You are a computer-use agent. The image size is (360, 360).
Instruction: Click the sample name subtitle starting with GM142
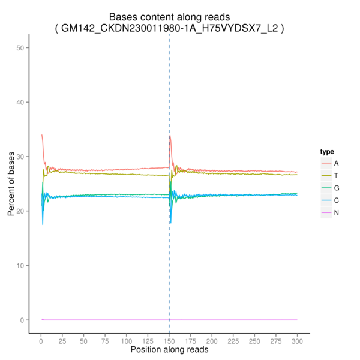[169, 28]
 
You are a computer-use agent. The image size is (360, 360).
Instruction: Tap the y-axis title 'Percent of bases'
[12, 184]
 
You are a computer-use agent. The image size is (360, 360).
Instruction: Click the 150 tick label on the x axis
[169, 340]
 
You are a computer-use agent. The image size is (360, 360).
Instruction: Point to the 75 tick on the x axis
[104, 340]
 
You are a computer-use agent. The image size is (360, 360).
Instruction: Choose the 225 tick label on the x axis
[233, 340]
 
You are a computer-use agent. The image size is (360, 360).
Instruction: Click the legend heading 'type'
[326, 151]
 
